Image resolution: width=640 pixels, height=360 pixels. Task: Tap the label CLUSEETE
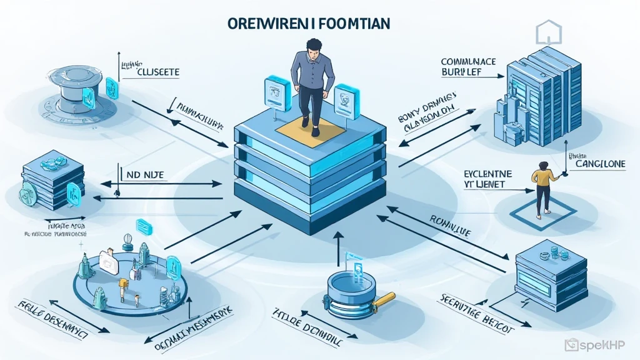tap(157, 72)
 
